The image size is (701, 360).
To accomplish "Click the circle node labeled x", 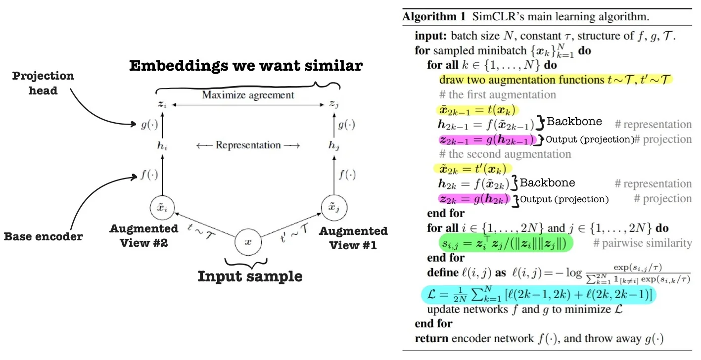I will tap(249, 242).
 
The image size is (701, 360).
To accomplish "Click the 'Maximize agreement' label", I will tap(248, 94).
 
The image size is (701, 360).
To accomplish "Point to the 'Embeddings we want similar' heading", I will tap(246, 66).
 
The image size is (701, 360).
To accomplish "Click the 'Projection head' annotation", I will tap(43, 83).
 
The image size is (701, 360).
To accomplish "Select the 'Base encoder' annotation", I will tap(43, 236).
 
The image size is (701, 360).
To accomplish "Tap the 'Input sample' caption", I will tap(250, 275).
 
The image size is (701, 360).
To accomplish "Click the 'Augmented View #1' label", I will tap(353, 237).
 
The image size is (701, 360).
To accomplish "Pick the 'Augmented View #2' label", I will tap(144, 235).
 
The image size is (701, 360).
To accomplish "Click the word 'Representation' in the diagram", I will tap(248, 145).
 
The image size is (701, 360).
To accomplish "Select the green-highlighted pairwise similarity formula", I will tap(505, 243).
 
